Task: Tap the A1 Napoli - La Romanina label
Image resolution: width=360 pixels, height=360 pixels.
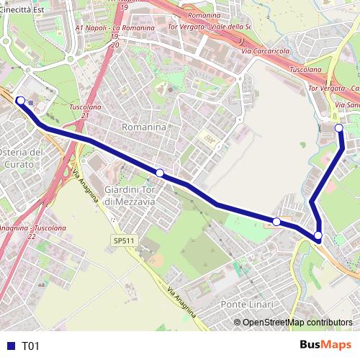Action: pyautogui.click(x=116, y=27)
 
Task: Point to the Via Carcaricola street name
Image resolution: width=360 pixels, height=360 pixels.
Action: pyautogui.click(x=266, y=52)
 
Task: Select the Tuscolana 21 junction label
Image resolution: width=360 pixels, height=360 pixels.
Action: pyautogui.click(x=85, y=110)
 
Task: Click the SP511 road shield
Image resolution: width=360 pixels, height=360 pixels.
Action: pyautogui.click(x=123, y=240)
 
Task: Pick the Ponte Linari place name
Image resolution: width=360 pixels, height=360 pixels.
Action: pyautogui.click(x=247, y=305)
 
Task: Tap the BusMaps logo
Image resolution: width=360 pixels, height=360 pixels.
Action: pyautogui.click(x=325, y=345)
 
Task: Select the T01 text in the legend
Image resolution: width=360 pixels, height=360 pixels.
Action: pyautogui.click(x=30, y=346)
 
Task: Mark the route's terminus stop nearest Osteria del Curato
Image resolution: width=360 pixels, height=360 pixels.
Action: pyautogui.click(x=21, y=100)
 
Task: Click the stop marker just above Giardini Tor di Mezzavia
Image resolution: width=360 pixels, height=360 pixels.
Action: pyautogui.click(x=160, y=173)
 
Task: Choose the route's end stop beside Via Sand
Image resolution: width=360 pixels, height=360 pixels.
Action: pyautogui.click(x=339, y=128)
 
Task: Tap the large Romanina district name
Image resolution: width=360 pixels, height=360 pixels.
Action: pyautogui.click(x=144, y=127)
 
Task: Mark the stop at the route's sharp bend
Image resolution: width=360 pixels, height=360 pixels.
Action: pyautogui.click(x=318, y=235)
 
